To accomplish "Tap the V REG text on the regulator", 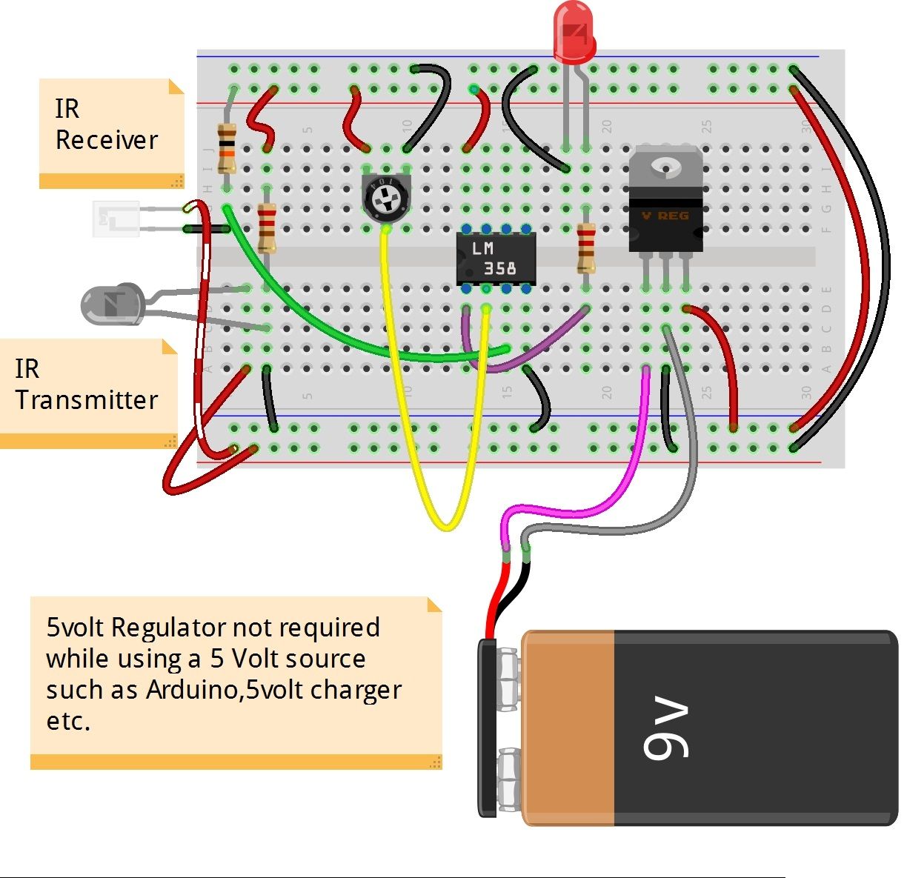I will (665, 216).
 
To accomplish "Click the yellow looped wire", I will (445, 522).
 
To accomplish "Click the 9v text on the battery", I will (666, 729).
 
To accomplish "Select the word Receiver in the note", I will (107, 140).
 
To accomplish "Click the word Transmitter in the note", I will (87, 400).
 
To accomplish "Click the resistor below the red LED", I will (586, 248).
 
